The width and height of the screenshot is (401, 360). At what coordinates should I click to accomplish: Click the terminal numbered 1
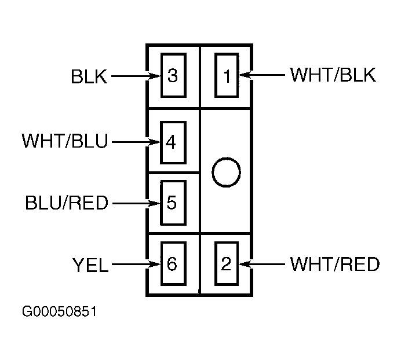[x=227, y=75]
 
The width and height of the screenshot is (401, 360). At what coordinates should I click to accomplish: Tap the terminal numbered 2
[x=227, y=263]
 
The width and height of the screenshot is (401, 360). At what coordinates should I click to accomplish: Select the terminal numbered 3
[x=173, y=75]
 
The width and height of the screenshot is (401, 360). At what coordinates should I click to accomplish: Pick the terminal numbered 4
[x=173, y=142]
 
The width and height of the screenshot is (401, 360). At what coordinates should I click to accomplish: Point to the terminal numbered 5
[x=173, y=203]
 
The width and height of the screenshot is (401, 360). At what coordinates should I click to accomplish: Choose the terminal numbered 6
[x=173, y=263]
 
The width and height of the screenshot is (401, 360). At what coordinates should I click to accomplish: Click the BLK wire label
[x=89, y=76]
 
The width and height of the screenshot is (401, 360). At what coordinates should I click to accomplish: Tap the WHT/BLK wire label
[x=333, y=75]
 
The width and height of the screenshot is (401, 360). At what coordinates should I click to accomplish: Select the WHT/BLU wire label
[x=65, y=141]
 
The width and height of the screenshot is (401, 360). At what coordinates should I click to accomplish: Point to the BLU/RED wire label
[x=67, y=203]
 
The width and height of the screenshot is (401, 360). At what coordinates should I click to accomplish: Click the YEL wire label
[x=90, y=265]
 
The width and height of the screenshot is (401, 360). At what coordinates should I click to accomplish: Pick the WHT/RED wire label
[x=335, y=264]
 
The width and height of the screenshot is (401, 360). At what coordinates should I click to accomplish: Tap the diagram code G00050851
[x=59, y=311]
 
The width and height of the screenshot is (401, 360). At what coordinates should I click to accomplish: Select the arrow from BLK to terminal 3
[x=136, y=76]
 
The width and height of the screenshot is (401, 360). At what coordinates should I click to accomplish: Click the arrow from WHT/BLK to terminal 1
[x=262, y=75]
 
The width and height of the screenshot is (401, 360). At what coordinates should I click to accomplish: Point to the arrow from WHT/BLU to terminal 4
[x=136, y=142]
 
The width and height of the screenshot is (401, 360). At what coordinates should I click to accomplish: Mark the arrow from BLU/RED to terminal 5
[x=136, y=203]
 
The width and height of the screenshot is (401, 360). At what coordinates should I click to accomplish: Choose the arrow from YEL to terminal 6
[x=136, y=264]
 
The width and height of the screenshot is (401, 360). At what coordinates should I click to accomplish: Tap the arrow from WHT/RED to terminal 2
[x=262, y=264]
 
